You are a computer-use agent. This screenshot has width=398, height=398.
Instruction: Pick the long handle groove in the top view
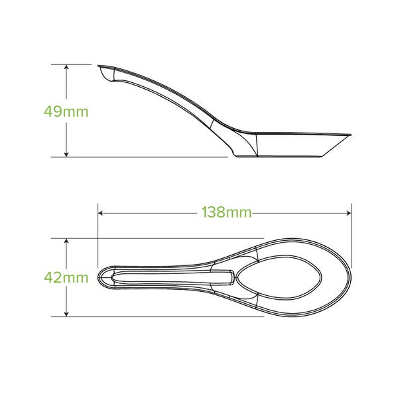[172, 277]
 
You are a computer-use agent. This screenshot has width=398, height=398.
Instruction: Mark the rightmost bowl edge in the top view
[350, 277]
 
